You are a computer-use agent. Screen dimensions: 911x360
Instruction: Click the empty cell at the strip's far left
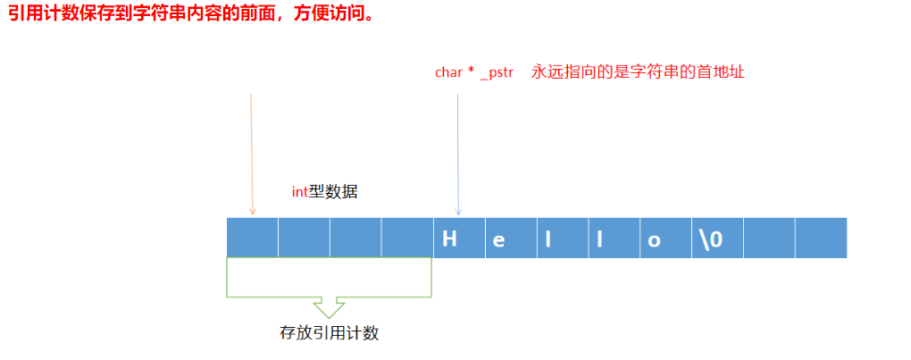click(253, 239)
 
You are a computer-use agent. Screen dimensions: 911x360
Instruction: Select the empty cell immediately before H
click(407, 239)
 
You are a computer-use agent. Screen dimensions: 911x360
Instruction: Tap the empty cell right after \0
click(769, 239)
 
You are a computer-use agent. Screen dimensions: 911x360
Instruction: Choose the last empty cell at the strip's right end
click(820, 239)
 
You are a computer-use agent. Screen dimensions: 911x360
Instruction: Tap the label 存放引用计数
click(330, 334)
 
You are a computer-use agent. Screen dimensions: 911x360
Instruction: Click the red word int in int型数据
click(300, 190)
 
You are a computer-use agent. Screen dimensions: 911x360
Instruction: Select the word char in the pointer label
click(448, 72)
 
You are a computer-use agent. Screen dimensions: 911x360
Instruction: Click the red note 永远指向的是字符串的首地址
click(638, 72)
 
